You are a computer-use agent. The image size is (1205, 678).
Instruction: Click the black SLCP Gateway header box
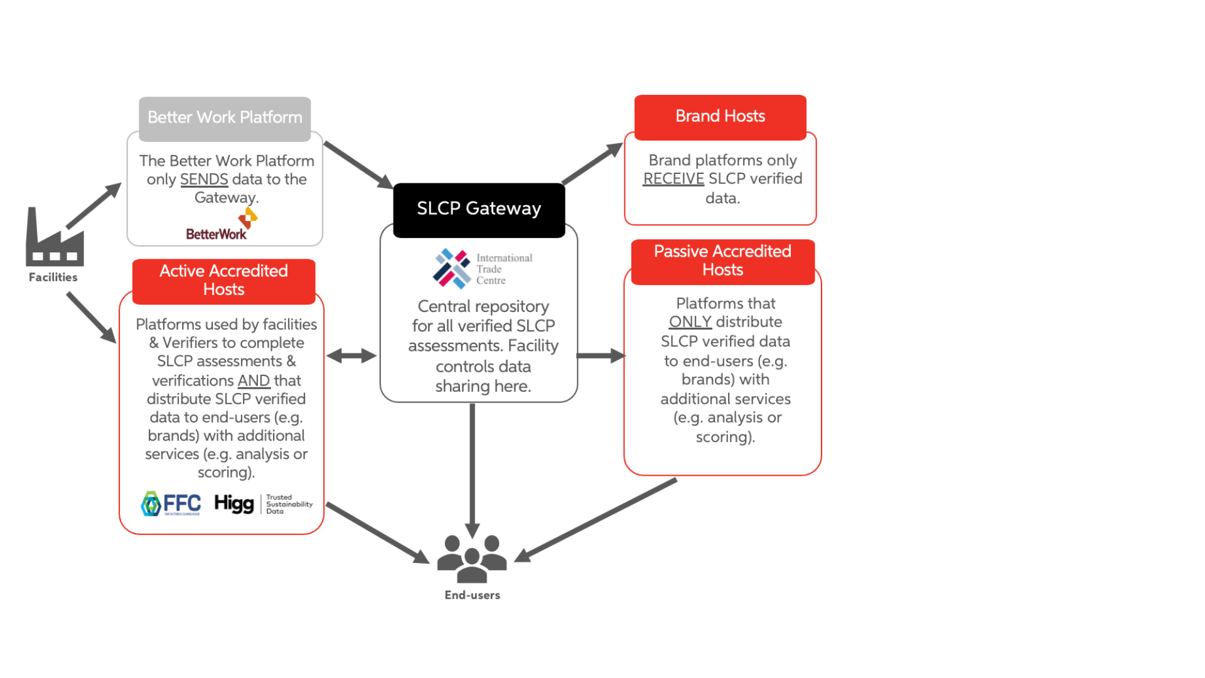pyautogui.click(x=479, y=210)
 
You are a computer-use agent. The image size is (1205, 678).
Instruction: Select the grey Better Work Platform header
pyautogui.click(x=225, y=118)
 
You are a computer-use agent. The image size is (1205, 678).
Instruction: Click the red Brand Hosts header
pyautogui.click(x=720, y=117)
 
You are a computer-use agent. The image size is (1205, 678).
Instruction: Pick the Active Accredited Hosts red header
pyautogui.click(x=223, y=281)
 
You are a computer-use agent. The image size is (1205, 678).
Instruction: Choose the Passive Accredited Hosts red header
pyautogui.click(x=722, y=261)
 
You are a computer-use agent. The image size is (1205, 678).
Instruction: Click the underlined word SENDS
pyautogui.click(x=204, y=180)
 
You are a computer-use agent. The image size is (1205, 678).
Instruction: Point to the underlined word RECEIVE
pyautogui.click(x=673, y=179)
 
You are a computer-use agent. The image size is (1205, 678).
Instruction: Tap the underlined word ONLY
pyautogui.click(x=690, y=322)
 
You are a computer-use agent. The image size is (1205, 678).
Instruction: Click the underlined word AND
pyautogui.click(x=254, y=381)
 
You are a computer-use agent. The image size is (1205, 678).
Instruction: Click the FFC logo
pyautogui.click(x=171, y=503)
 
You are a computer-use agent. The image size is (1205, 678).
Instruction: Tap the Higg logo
pyautogui.click(x=233, y=503)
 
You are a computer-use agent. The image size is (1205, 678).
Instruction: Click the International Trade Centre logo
pyautogui.click(x=481, y=269)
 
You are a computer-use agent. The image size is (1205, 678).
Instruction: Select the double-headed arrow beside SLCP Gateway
pyautogui.click(x=351, y=356)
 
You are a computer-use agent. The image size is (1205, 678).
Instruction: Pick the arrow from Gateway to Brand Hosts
pyautogui.click(x=591, y=164)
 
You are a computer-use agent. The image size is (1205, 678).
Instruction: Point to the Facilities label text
pyautogui.click(x=53, y=277)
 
